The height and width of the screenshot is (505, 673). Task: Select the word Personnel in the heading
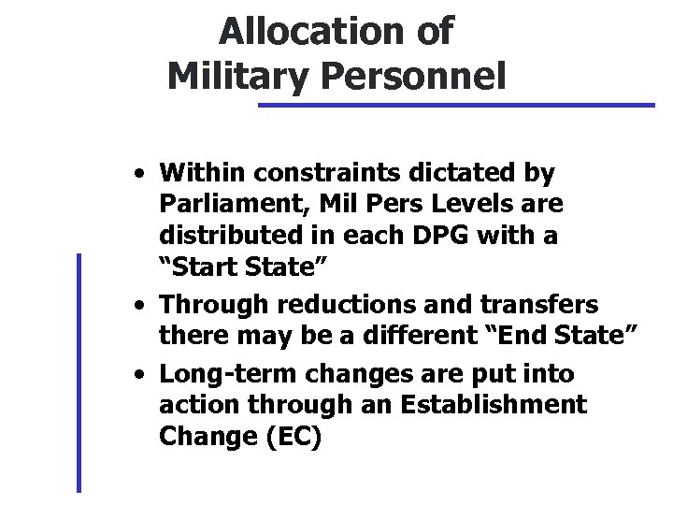tap(413, 74)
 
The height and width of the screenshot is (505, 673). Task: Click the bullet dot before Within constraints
tap(138, 174)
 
